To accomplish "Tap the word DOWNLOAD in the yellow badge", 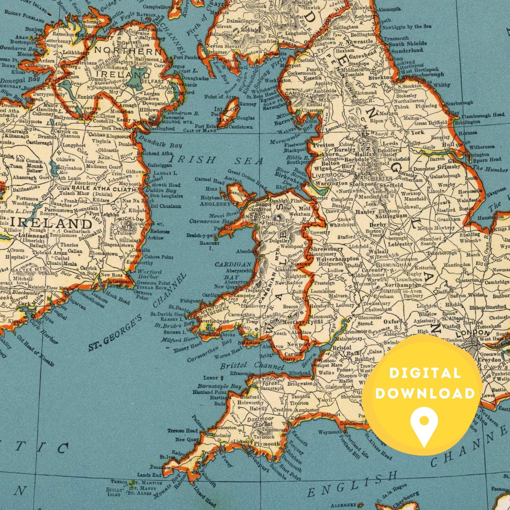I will (x=425, y=393).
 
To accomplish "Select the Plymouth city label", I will (x=267, y=444).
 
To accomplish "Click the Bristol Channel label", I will (x=252, y=366).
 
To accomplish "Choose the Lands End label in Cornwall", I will (x=149, y=475).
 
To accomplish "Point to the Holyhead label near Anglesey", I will (x=211, y=198).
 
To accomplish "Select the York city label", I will (x=417, y=132).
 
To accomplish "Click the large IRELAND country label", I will (x=52, y=224).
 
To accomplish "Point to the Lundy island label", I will (x=211, y=378).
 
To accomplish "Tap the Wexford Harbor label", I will (x=150, y=274).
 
